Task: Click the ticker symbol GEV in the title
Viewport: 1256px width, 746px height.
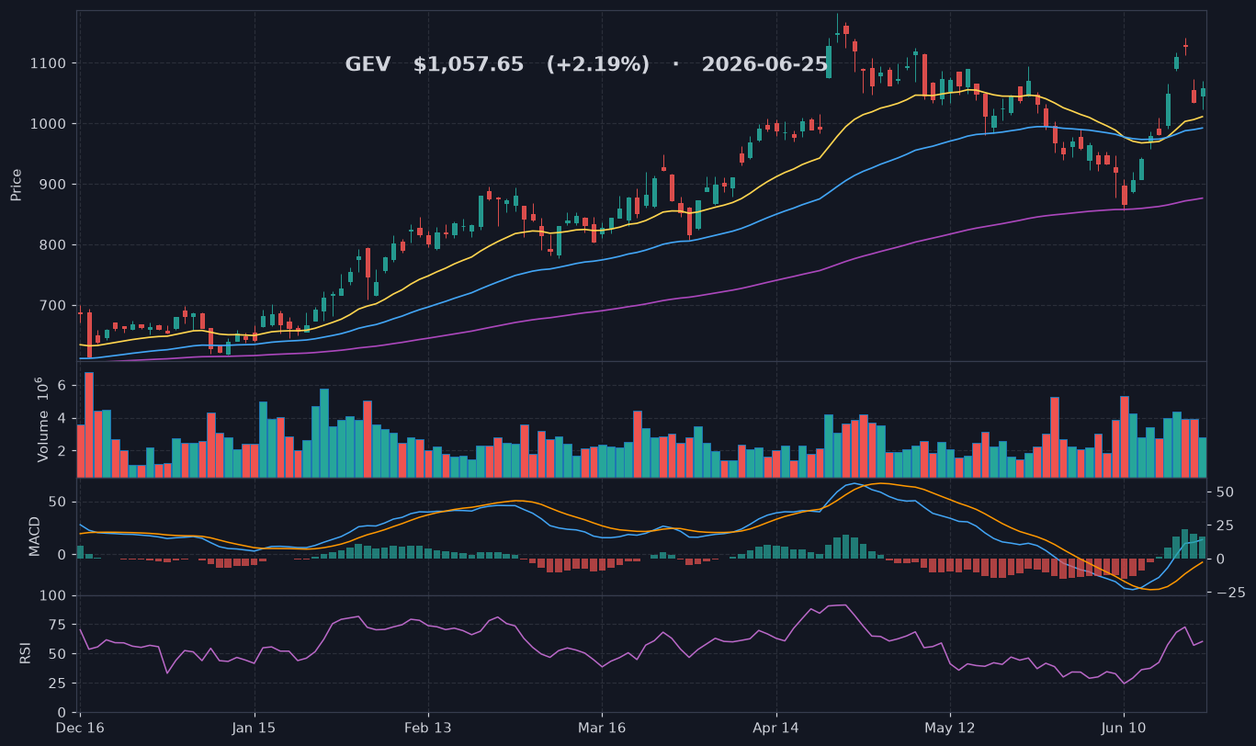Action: (x=368, y=64)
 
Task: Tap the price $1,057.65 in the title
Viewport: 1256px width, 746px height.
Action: (x=469, y=64)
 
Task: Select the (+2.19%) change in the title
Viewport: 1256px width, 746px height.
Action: (x=598, y=64)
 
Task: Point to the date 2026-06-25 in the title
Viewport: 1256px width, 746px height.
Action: (x=764, y=64)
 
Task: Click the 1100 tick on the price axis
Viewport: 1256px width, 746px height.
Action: (x=48, y=63)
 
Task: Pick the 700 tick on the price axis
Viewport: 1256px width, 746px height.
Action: (x=52, y=306)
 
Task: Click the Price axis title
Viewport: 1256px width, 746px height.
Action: (x=16, y=185)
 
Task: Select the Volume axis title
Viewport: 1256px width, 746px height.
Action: (x=42, y=420)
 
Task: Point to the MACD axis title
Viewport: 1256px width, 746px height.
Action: (x=34, y=537)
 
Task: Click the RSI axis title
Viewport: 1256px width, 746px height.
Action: (x=25, y=654)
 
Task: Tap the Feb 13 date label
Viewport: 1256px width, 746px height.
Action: (x=428, y=728)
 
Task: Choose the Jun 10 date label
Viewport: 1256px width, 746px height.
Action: (x=1124, y=728)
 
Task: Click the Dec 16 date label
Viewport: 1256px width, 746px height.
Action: (x=80, y=728)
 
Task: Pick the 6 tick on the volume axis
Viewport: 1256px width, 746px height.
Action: (x=62, y=386)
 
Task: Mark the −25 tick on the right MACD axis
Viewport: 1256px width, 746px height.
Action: (x=1230, y=593)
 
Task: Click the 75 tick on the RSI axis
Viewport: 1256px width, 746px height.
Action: (x=57, y=625)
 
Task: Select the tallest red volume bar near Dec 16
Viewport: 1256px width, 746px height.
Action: (x=88, y=424)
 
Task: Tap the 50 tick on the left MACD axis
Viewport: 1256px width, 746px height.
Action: (x=57, y=502)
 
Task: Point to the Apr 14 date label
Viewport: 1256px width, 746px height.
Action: (x=776, y=728)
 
